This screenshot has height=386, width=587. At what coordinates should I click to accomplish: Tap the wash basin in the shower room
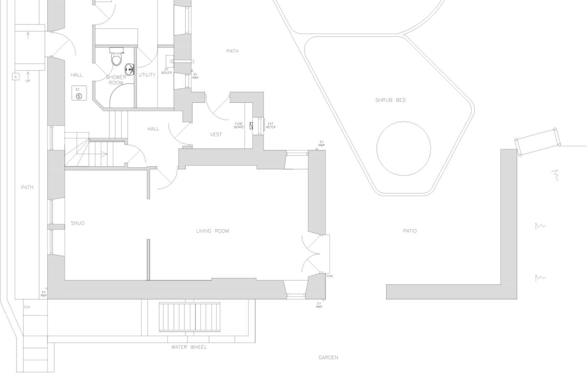(130, 69)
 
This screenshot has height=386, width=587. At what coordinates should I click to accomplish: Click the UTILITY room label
(147, 75)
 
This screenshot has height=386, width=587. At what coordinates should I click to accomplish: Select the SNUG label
(78, 223)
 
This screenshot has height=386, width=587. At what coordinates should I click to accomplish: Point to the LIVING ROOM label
(213, 231)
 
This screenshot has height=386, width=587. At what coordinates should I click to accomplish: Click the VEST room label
(216, 135)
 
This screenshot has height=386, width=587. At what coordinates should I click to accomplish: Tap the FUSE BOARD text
(239, 125)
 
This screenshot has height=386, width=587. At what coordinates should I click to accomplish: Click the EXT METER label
(271, 125)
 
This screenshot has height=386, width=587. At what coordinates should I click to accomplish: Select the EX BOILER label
(167, 71)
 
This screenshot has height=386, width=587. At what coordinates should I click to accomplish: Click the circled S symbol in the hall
(79, 96)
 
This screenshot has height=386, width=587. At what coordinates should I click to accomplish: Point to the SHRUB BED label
(390, 100)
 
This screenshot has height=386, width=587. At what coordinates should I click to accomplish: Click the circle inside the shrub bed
(404, 148)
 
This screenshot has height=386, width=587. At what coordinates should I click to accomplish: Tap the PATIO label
(410, 231)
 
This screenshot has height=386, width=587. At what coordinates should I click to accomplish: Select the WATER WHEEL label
(189, 347)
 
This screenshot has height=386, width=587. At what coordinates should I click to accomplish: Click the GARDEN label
(328, 358)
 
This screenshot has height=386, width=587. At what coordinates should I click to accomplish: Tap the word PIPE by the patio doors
(330, 276)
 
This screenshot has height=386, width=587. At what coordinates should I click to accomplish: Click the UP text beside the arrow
(28, 81)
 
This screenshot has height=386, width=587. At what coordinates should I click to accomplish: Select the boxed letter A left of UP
(16, 77)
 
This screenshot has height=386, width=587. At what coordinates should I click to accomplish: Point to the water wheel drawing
(189, 316)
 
